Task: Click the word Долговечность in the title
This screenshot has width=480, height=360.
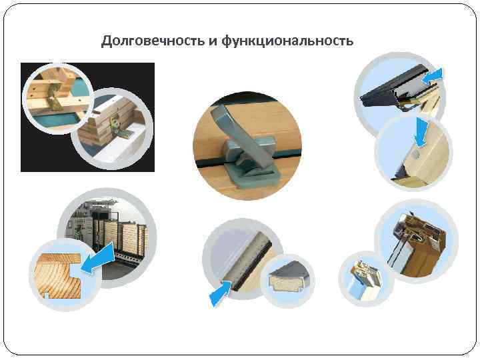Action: click(153, 41)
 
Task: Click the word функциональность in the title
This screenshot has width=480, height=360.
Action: click(287, 41)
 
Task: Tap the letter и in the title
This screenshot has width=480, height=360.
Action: click(213, 42)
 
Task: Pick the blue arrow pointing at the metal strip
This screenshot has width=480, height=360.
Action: click(221, 293)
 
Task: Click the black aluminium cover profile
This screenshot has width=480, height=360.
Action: click(395, 86)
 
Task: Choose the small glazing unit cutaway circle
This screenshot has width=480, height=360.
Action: click(366, 279)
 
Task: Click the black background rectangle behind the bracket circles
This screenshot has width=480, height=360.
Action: click(87, 117)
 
